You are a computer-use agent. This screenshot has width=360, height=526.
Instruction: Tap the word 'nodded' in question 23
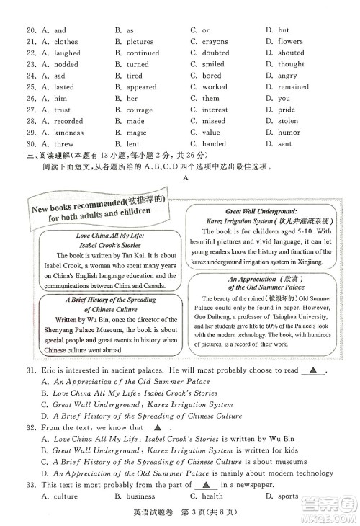pyautogui.click(x=67, y=64)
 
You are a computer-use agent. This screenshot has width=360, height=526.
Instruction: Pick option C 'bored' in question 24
pyautogui.click(x=211, y=76)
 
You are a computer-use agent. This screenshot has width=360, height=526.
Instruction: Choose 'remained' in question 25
pyautogui.click(x=293, y=87)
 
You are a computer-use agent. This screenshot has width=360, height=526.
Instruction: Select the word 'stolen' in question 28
pyautogui.click(x=288, y=121)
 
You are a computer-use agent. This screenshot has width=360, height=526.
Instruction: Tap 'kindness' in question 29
pyautogui.click(x=69, y=133)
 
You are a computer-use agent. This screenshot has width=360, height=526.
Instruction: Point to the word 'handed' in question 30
pyautogui.click(x=214, y=144)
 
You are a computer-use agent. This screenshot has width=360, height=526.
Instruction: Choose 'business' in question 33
pyautogui.click(x=140, y=496)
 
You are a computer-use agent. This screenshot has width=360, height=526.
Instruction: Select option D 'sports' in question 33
pyautogui.click(x=288, y=496)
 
